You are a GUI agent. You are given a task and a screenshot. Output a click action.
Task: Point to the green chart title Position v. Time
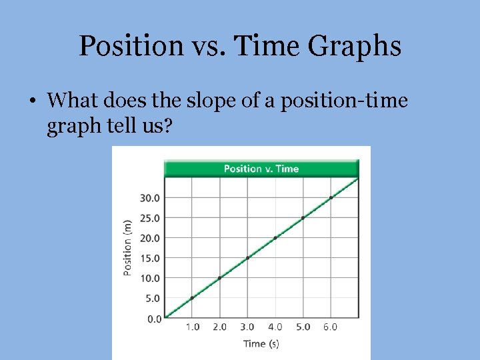point(261,169)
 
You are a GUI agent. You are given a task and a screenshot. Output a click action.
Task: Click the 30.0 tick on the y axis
point(150,197)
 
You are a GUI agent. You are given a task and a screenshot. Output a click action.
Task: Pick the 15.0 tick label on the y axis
point(150,258)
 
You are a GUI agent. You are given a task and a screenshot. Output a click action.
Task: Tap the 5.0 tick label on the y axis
point(153,298)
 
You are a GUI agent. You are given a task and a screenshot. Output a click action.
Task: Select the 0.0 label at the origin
point(154,319)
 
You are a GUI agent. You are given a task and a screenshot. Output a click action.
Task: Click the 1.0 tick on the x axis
point(192,327)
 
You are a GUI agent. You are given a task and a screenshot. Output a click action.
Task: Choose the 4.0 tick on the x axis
point(275,327)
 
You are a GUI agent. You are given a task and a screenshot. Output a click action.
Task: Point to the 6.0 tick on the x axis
point(331,327)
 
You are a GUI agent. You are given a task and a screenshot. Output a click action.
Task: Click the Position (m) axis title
point(127,247)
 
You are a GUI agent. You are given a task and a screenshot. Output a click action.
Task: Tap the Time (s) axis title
point(261,344)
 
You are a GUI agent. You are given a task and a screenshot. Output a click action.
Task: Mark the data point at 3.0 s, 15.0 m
point(247,258)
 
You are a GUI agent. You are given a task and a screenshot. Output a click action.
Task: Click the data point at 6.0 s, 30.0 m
point(331,197)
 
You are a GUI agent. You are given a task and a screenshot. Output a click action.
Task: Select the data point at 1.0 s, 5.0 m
point(192,298)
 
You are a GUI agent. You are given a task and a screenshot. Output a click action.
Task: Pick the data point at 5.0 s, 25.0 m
point(303,217)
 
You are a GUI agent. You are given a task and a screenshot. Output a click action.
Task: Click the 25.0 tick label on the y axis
point(150,217)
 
